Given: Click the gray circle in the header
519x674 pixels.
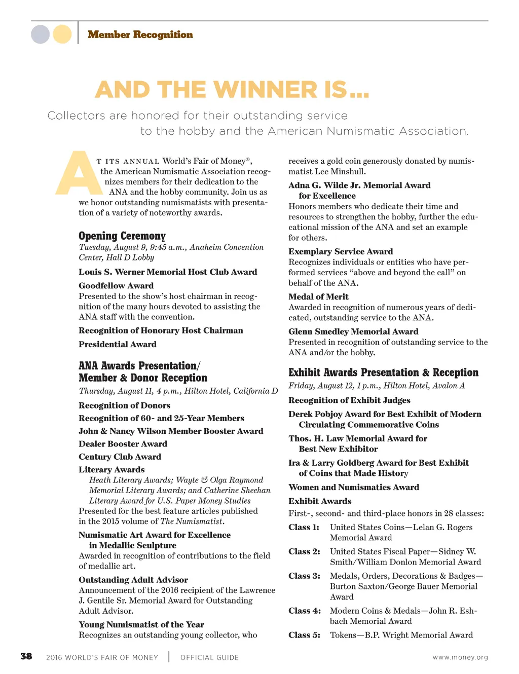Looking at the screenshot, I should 41,34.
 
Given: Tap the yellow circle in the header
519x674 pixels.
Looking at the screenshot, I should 62,34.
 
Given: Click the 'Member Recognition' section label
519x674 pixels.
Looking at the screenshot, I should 140,34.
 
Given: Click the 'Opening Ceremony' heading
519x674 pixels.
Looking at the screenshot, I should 122,236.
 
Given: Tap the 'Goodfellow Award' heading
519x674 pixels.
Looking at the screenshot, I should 116,286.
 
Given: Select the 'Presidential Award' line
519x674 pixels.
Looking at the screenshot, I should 118,344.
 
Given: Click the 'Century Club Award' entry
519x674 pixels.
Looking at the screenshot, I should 120,457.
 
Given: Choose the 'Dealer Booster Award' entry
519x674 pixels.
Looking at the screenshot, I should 123,444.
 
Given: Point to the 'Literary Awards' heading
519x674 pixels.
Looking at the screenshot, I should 112,469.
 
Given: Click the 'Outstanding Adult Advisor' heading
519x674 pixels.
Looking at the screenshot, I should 133,580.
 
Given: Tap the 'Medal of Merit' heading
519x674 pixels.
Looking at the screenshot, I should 318,296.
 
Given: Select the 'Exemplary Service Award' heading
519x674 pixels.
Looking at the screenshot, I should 341,251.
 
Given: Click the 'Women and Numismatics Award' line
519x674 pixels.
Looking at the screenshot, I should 354,487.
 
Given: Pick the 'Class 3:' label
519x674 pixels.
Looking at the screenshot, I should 304,576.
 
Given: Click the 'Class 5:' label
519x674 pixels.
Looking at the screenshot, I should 304,635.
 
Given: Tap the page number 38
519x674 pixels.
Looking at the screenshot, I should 26,657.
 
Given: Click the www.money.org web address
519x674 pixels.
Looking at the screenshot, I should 460,657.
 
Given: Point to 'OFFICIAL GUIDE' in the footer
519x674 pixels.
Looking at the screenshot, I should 209,657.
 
